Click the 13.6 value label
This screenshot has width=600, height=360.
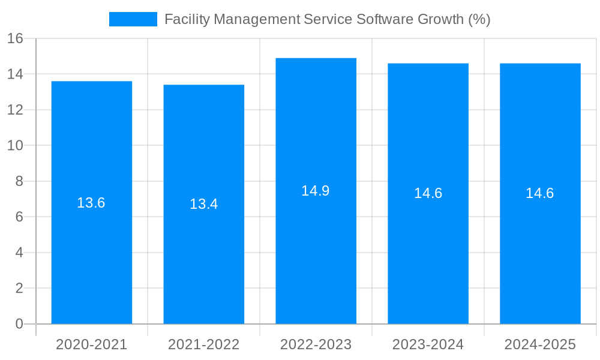point(91,203)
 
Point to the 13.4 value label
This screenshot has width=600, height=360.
point(204,204)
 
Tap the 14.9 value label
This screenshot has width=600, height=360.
point(316,191)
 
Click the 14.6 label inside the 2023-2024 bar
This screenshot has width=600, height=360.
point(428,193)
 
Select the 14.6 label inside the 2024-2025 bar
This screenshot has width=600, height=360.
point(540,193)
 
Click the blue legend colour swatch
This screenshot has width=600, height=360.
point(133,19)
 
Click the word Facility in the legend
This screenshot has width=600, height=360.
point(187,19)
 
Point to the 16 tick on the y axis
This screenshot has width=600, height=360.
point(15,38)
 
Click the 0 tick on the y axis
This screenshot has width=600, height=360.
point(19,324)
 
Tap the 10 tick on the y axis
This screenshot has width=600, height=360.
point(15,146)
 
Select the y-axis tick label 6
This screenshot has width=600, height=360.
point(19,217)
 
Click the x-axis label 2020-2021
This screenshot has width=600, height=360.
point(92,344)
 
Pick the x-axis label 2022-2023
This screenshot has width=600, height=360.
point(316,344)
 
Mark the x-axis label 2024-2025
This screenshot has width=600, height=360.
point(540,344)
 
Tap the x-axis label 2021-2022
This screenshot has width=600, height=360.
point(204,344)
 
